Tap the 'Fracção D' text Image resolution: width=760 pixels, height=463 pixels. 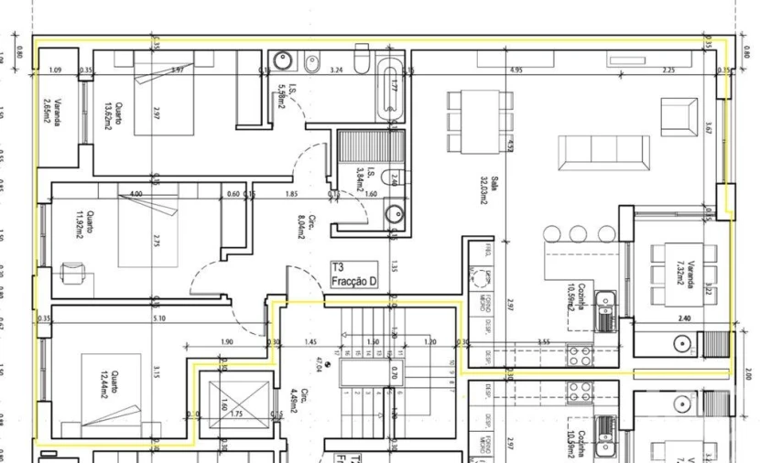354,281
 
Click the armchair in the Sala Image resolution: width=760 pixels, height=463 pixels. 679,117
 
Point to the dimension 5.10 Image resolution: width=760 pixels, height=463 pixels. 161,318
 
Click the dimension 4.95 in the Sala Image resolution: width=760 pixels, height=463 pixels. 517,70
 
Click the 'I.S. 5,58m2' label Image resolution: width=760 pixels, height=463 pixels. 278,92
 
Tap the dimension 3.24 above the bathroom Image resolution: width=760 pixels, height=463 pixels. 336,70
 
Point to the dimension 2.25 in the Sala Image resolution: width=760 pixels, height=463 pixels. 668,70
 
